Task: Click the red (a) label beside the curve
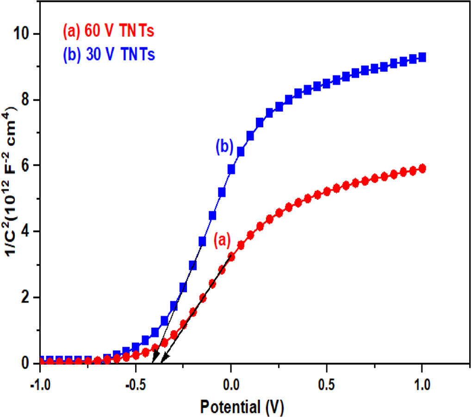[x=222, y=240]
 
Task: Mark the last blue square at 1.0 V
[x=421, y=57]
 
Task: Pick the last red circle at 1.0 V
[x=421, y=169]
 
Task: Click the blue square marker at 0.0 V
[x=231, y=170]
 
